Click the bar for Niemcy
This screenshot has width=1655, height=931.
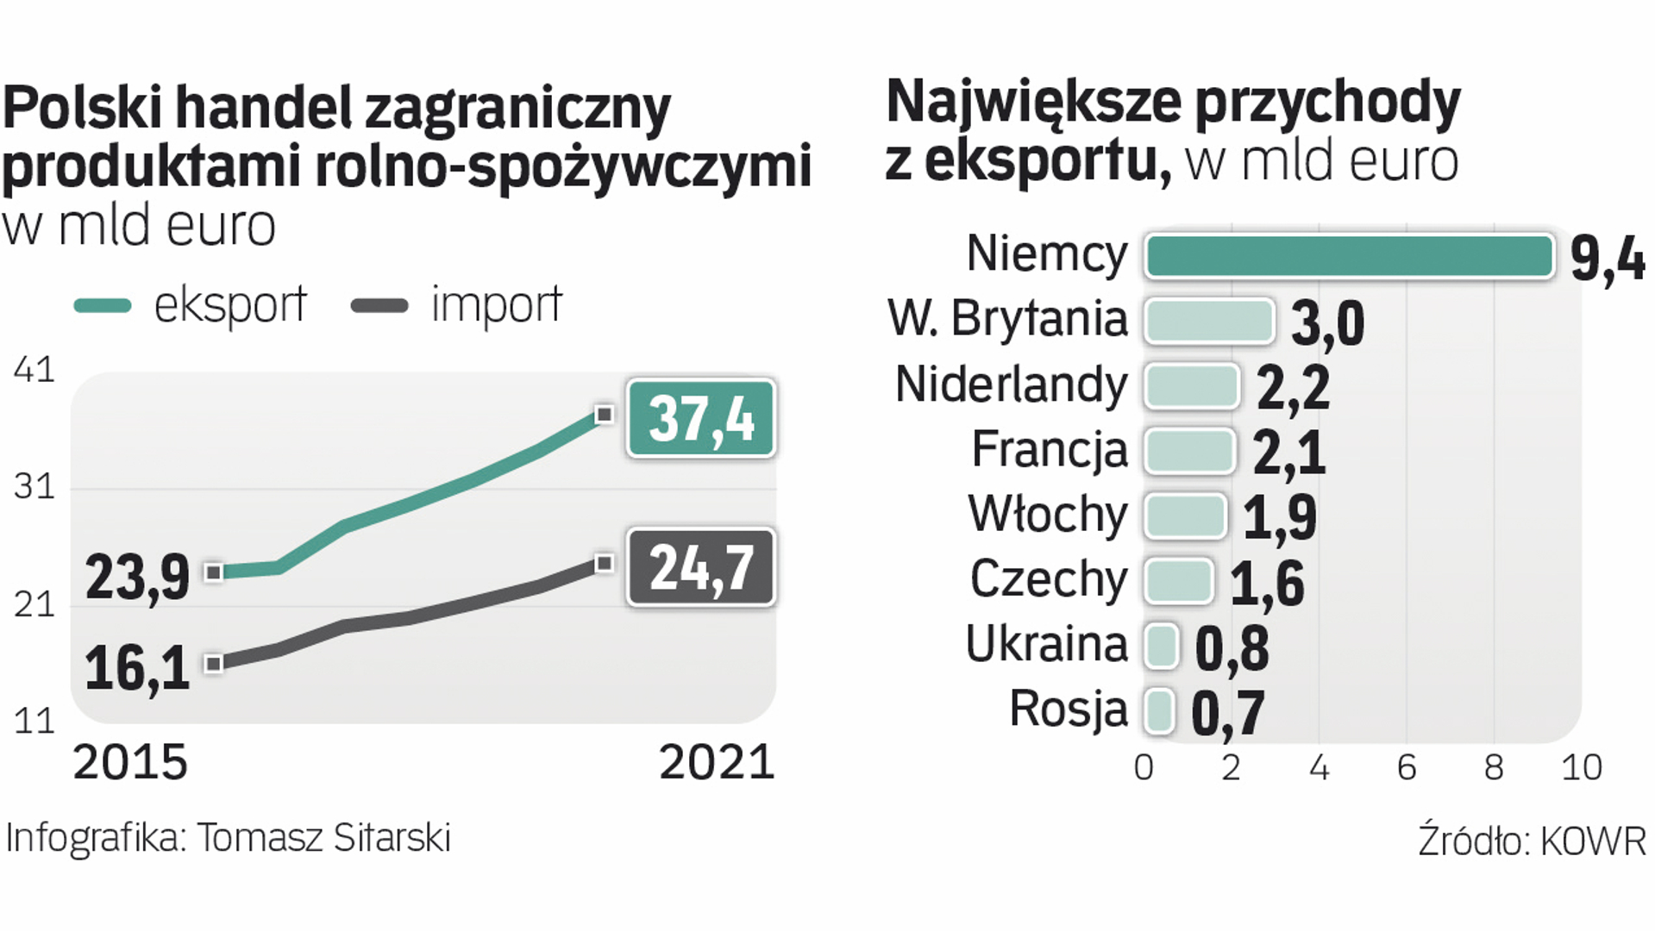point(1349,257)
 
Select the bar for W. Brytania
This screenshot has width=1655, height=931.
point(1209,322)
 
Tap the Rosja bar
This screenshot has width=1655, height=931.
point(1159,712)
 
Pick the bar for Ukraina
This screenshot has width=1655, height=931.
point(1162,647)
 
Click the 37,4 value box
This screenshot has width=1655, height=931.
point(701,419)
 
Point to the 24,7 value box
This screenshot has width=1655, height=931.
point(701,567)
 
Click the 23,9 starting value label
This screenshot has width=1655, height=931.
point(137,577)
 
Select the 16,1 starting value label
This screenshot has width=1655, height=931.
point(137,668)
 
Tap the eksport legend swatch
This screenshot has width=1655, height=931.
point(103,306)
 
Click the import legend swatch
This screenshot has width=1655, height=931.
point(379,306)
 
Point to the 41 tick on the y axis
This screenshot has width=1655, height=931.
point(34,370)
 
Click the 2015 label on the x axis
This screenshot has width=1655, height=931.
point(130,763)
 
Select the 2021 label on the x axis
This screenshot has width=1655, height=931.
point(717,763)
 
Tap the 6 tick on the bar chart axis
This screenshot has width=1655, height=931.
point(1407,767)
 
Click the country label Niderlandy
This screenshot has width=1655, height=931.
point(1011,384)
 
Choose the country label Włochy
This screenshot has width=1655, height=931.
point(1048,515)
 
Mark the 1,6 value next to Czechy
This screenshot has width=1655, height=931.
point(1266,584)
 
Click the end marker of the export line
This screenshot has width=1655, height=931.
point(605,415)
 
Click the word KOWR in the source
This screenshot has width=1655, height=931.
point(1593,841)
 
